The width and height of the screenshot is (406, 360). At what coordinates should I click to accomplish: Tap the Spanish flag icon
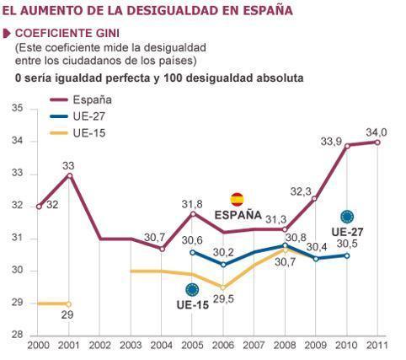tap(238, 199)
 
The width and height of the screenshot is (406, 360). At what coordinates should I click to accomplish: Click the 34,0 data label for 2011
tap(377, 132)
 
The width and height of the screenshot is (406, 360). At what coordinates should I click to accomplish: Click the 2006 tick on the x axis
tap(223, 347)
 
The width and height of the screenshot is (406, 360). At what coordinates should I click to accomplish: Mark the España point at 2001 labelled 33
tap(69, 175)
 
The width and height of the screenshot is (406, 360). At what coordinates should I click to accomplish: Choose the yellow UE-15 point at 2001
tap(69, 304)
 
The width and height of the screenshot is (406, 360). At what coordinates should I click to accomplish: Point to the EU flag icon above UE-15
tap(193, 289)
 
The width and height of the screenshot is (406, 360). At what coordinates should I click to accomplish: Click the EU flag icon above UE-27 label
tap(347, 217)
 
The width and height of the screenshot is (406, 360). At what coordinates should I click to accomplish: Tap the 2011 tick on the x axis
tap(377, 347)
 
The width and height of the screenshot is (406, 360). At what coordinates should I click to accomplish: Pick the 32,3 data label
tap(302, 191)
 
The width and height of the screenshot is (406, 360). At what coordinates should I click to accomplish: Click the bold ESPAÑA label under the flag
tap(238, 214)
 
